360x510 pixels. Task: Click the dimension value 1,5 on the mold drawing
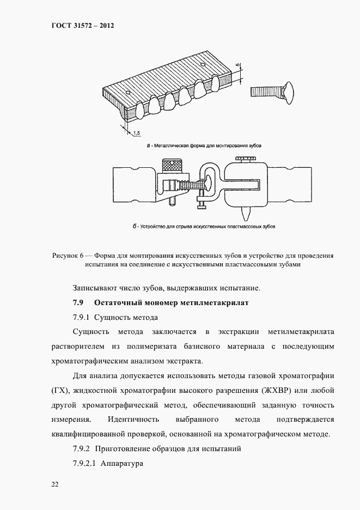tap(136, 132)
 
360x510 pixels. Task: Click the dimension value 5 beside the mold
tap(238, 65)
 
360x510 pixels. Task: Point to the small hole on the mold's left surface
tap(127, 92)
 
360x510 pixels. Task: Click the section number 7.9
tap(78, 302)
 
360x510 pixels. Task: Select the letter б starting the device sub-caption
tap(134, 226)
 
